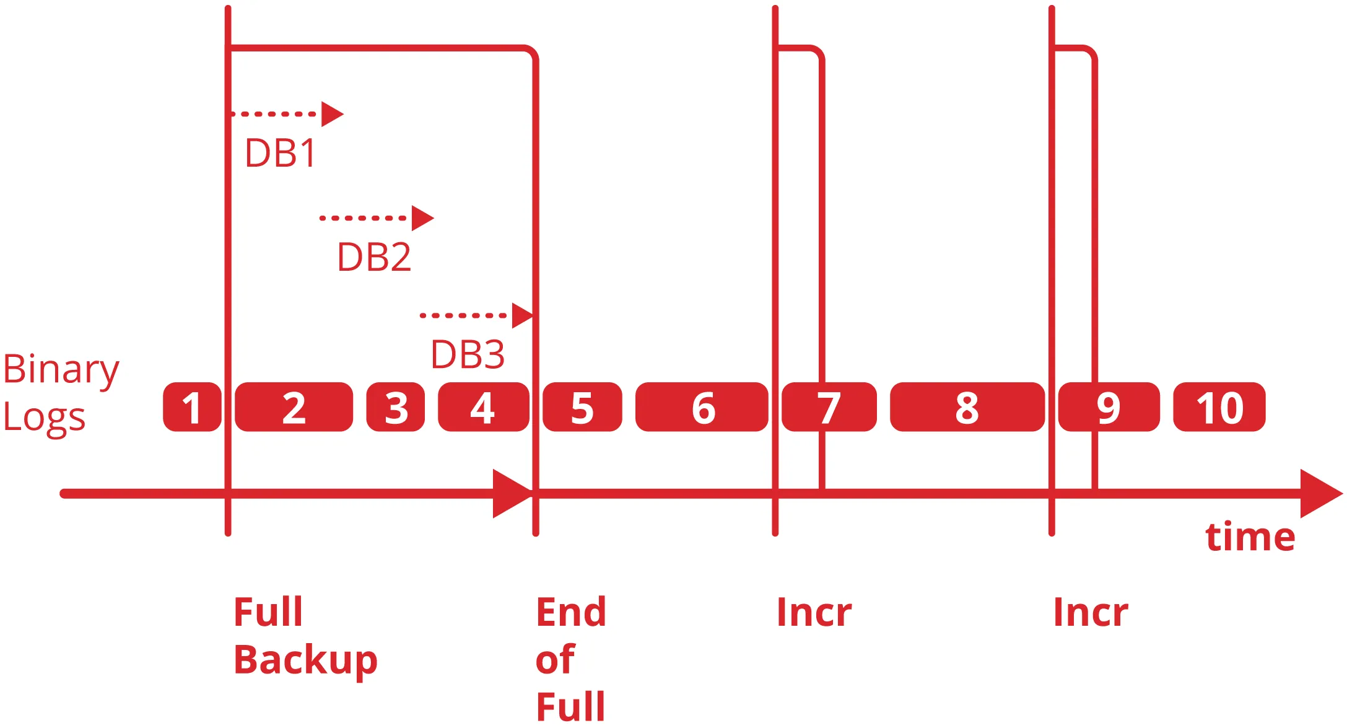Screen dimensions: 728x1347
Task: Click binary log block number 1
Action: tap(192, 407)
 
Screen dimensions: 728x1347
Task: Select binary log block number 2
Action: tap(294, 407)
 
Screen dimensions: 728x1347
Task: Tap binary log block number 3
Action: tap(396, 407)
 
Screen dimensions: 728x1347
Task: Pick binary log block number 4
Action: tap(483, 407)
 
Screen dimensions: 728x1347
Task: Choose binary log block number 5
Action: tap(582, 407)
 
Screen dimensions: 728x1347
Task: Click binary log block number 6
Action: tap(702, 407)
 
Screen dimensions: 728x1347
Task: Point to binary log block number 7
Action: tap(829, 407)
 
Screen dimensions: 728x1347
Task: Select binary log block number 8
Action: tap(967, 407)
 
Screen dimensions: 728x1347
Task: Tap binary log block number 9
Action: tap(1109, 407)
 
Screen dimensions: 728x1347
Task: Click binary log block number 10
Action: tap(1219, 407)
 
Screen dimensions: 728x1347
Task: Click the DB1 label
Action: tap(281, 153)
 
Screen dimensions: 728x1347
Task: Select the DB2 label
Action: tap(374, 257)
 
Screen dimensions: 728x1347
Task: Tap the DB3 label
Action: tap(468, 355)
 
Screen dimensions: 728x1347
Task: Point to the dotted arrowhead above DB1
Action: tap(331, 114)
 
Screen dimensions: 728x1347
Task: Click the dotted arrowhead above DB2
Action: tap(422, 218)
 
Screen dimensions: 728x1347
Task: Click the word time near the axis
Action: tap(1250, 537)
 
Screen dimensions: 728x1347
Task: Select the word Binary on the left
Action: tap(61, 370)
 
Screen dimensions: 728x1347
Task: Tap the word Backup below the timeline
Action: tap(305, 660)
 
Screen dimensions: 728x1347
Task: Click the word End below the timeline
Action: tap(570, 612)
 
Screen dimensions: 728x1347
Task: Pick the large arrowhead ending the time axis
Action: tap(1319, 494)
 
